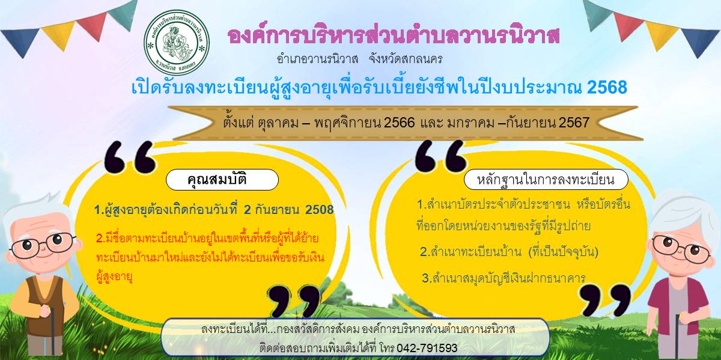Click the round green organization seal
point(177,42)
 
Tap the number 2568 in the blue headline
point(607,87)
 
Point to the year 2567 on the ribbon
point(574,123)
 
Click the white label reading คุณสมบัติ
point(222,180)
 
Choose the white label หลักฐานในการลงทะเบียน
point(546,179)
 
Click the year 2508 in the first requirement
point(319,210)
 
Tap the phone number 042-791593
point(427,348)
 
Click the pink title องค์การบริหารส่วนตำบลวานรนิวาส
point(394,35)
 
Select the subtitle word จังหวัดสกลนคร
point(406,59)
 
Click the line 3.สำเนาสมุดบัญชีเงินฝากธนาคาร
point(503,278)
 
